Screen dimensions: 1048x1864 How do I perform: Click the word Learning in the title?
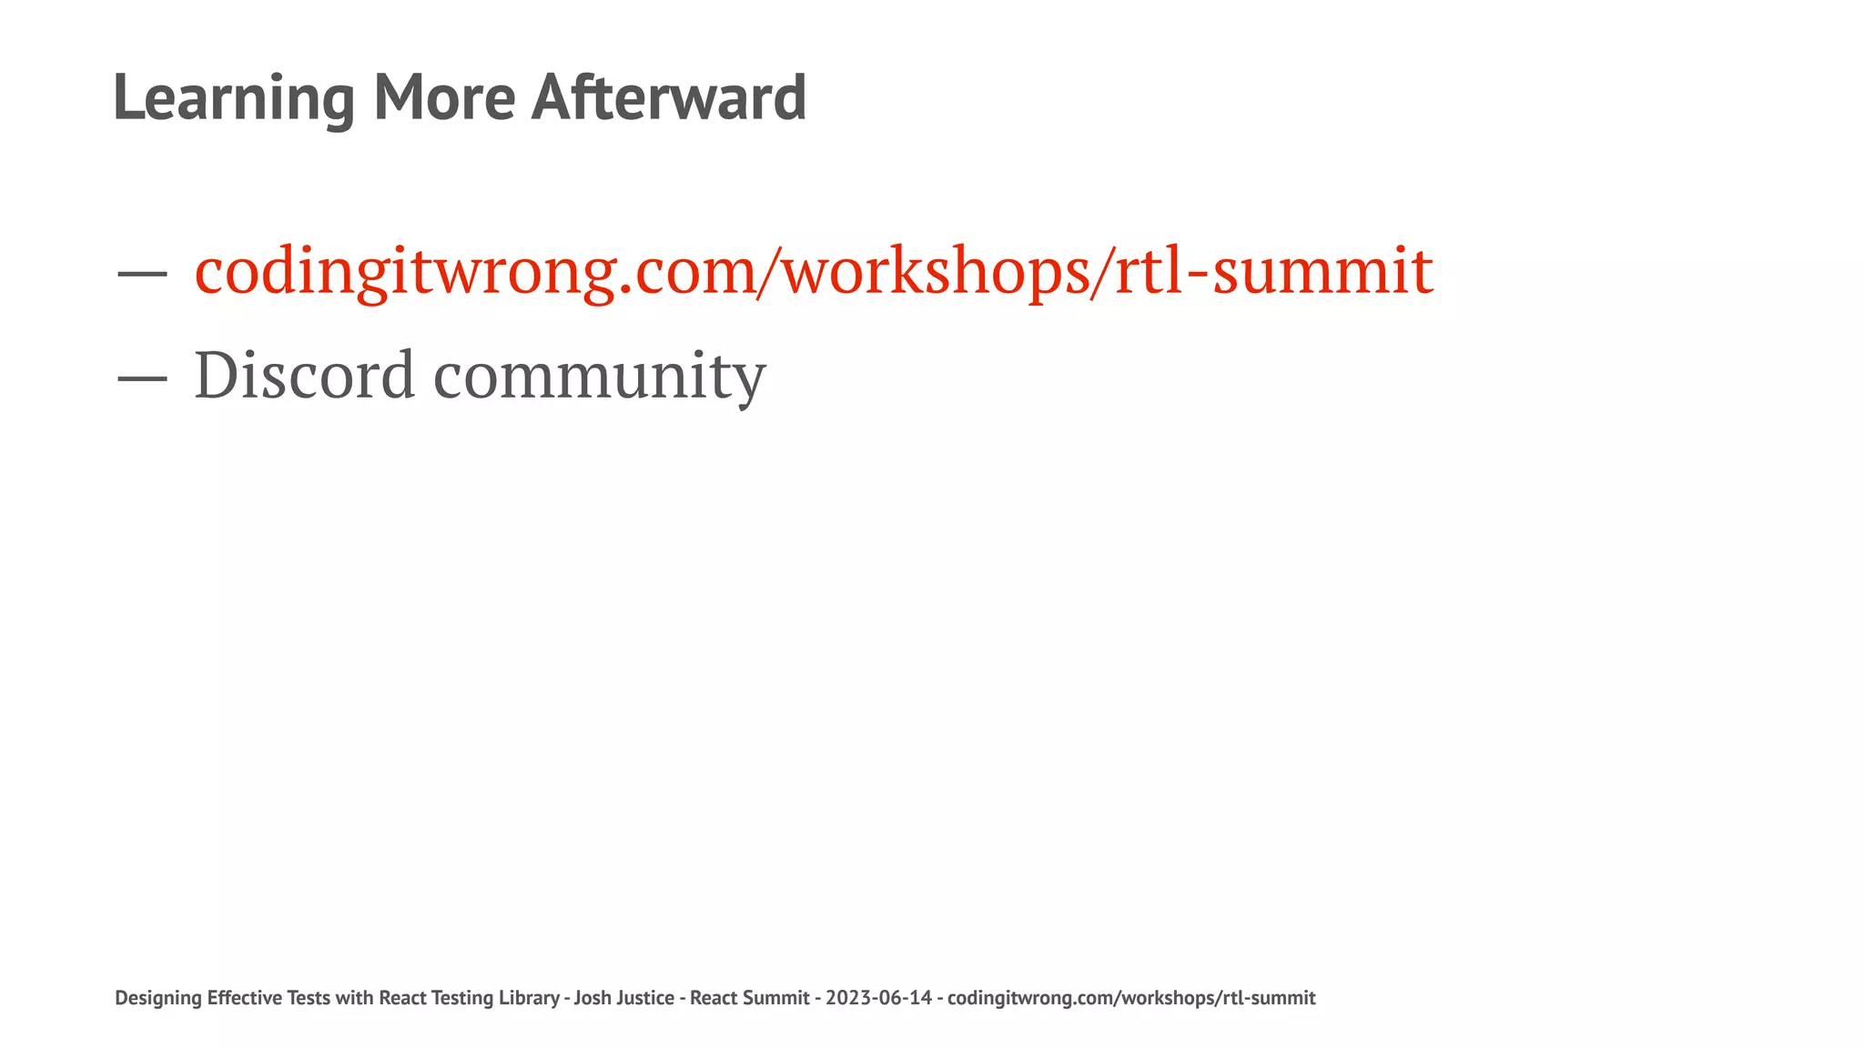[233, 98]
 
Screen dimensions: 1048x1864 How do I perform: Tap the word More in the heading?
[444, 98]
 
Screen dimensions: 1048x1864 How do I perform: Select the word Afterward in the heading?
[668, 98]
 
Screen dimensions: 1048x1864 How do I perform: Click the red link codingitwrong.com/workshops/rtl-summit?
[814, 271]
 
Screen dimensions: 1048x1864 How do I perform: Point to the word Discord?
[304, 375]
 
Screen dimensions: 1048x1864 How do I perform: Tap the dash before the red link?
[142, 272]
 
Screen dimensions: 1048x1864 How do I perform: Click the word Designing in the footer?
[158, 998]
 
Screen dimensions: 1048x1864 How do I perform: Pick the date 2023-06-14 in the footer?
[878, 998]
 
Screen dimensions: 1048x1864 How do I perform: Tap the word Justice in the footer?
[644, 998]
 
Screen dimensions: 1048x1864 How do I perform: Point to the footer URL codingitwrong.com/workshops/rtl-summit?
[1131, 998]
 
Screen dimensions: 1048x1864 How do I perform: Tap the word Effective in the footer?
[244, 998]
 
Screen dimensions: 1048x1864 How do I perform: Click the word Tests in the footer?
[309, 998]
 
